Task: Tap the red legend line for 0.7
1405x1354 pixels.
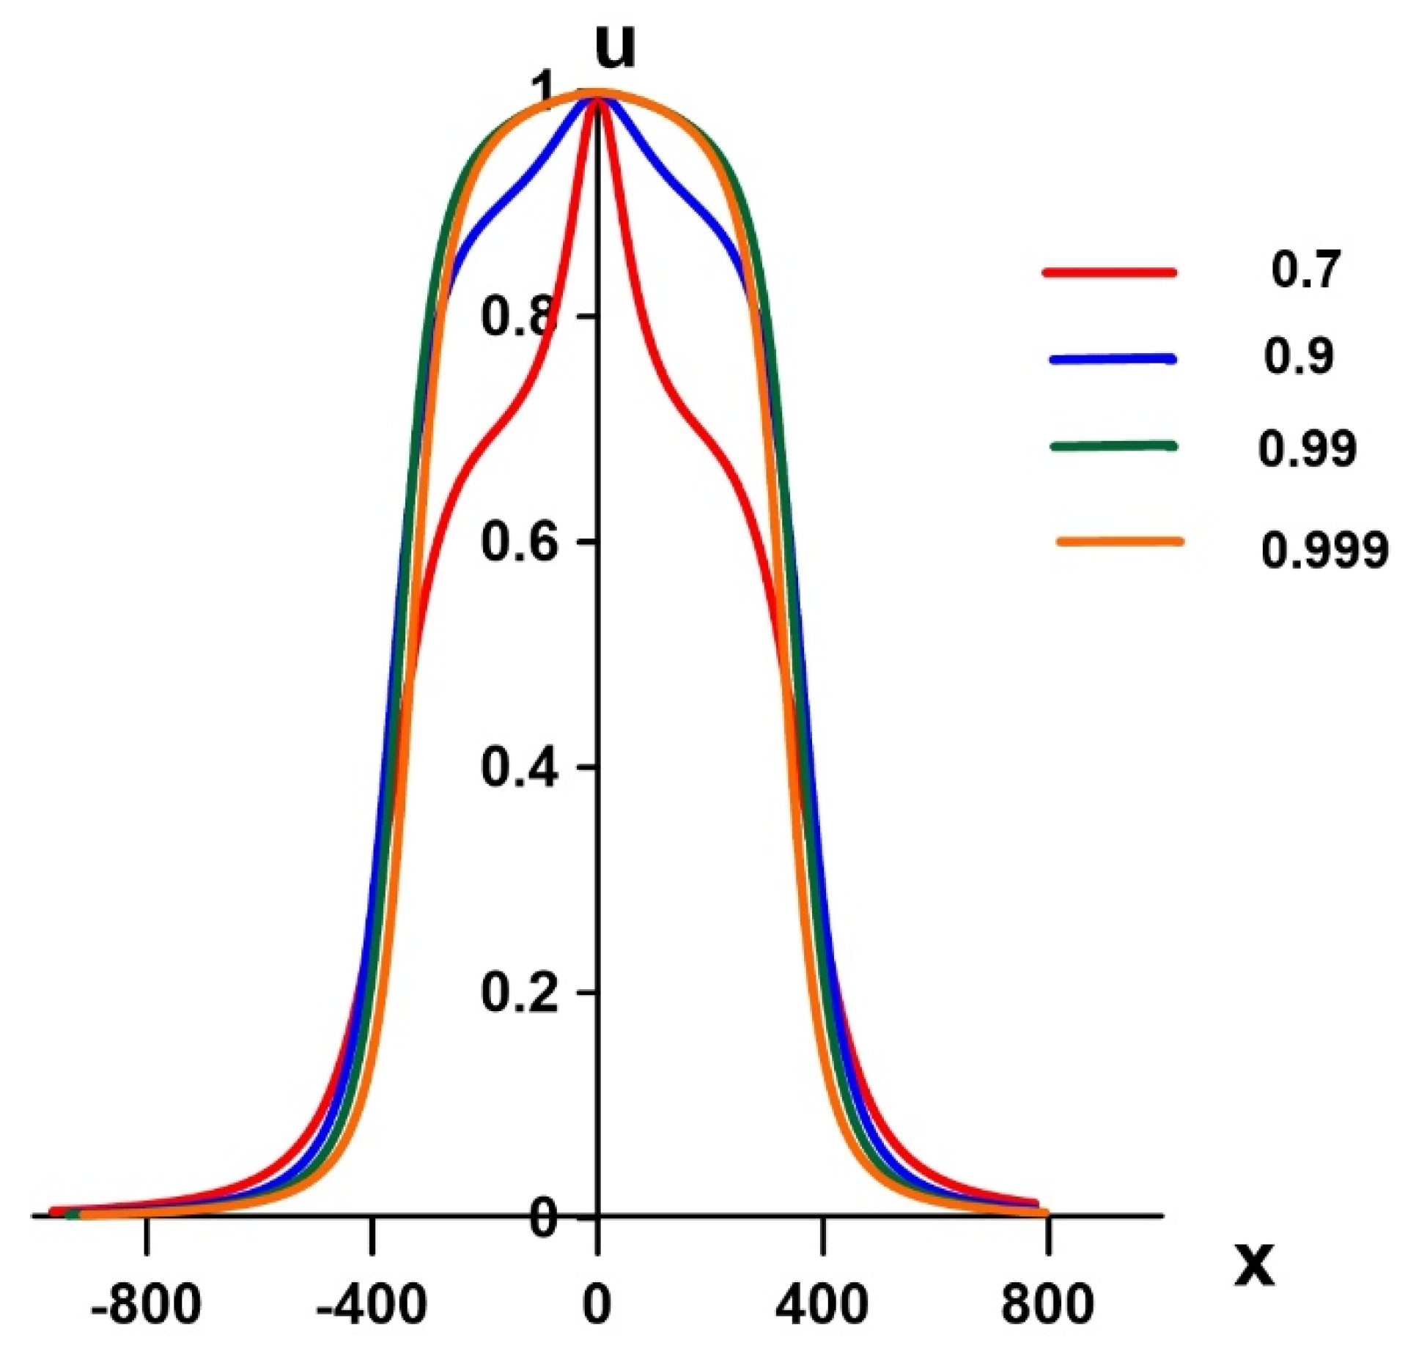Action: pos(1109,273)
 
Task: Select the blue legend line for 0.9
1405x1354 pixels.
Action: pos(1113,359)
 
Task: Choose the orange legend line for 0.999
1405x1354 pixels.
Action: pos(1120,542)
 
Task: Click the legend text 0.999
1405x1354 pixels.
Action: pos(1324,550)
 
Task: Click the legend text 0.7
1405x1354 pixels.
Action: pos(1305,270)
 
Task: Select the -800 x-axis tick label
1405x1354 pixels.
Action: pos(145,1305)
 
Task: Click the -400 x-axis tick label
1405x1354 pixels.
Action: pos(371,1305)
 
